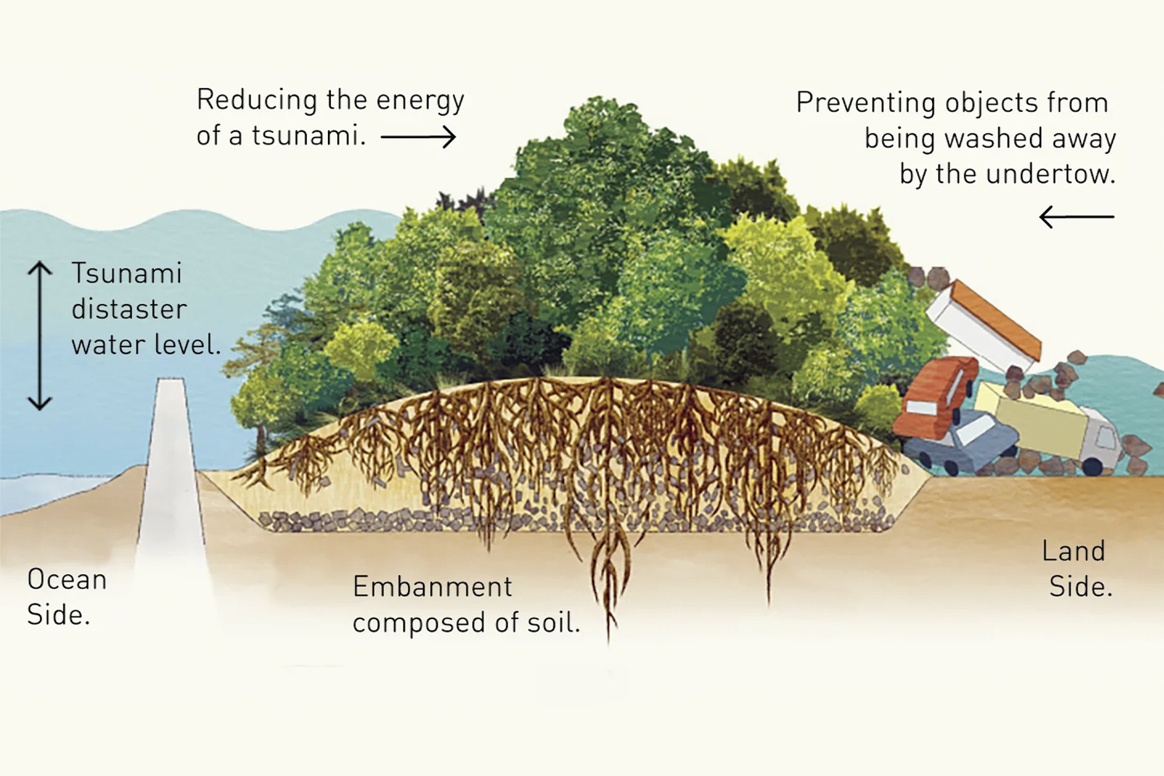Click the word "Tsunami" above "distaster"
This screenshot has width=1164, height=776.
point(126,273)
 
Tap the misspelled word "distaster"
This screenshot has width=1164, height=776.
point(129,310)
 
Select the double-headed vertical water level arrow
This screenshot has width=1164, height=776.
point(40,335)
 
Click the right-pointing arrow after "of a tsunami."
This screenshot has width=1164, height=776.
point(418,137)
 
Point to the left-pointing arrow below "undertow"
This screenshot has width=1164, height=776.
point(1076,217)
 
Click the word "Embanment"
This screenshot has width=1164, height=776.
point(433,587)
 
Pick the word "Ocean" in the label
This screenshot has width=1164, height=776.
point(67,580)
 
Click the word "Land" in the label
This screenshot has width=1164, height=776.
point(1073,551)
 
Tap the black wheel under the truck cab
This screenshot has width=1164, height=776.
point(1092,466)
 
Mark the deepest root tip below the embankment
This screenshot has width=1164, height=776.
point(609,641)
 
